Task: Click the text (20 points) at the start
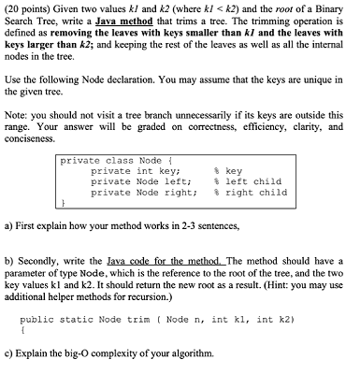coord(25,7)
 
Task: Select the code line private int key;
coord(135,170)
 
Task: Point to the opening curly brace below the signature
coord(22,330)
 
